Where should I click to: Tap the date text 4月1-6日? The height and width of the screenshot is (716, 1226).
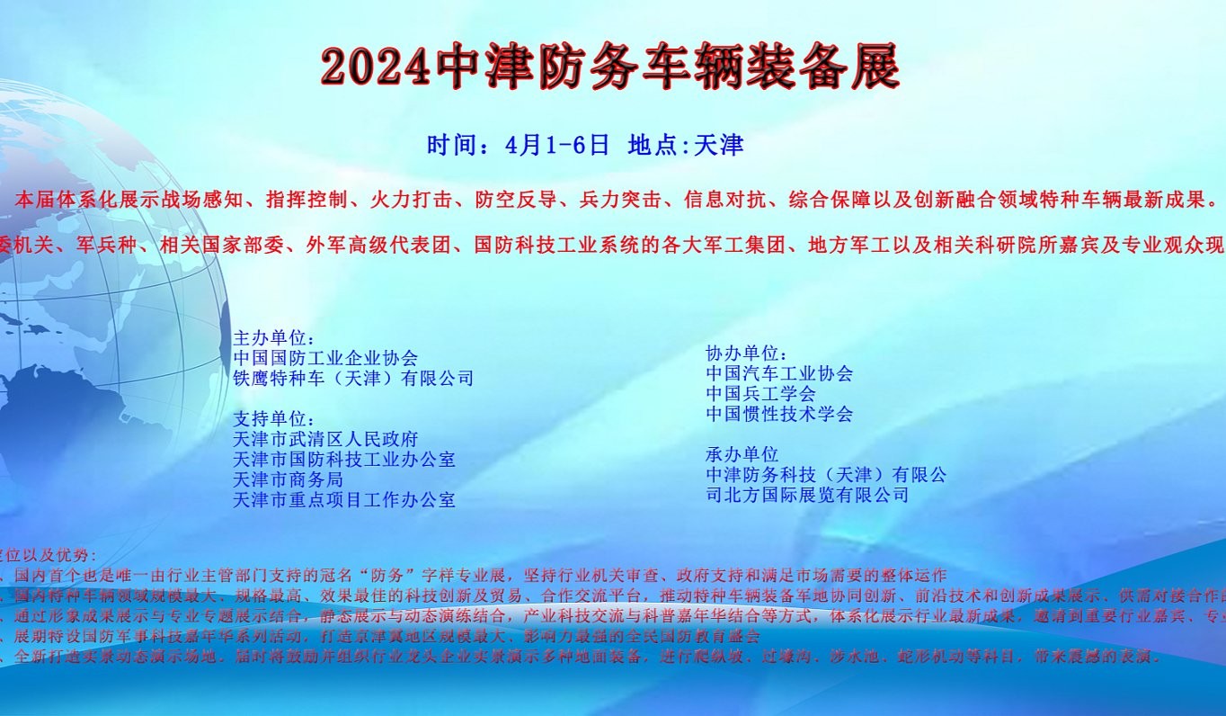tap(557, 145)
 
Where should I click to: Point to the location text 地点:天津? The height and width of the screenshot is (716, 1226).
tap(686, 145)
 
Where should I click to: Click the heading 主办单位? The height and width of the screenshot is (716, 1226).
tap(274, 338)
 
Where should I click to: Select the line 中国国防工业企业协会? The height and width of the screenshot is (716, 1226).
tap(325, 358)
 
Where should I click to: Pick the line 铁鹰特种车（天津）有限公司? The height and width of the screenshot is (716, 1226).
tap(353, 379)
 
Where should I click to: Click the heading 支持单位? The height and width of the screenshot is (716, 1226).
tap(274, 419)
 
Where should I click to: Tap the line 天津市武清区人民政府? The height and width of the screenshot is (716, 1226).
tap(325, 440)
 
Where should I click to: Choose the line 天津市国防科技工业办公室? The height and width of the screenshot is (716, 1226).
tap(344, 460)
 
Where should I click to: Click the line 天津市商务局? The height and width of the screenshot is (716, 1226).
tap(288, 479)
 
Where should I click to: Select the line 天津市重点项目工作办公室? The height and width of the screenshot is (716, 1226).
tap(344, 500)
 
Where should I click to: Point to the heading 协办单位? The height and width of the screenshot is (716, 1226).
tap(747, 353)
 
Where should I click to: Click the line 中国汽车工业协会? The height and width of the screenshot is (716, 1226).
tap(779, 373)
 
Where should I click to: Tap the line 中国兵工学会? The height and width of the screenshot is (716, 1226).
tap(760, 394)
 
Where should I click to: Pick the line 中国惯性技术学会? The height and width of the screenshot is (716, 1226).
tap(779, 414)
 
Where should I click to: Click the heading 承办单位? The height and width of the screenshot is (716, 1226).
tap(742, 454)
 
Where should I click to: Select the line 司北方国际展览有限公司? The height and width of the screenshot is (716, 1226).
tap(807, 495)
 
